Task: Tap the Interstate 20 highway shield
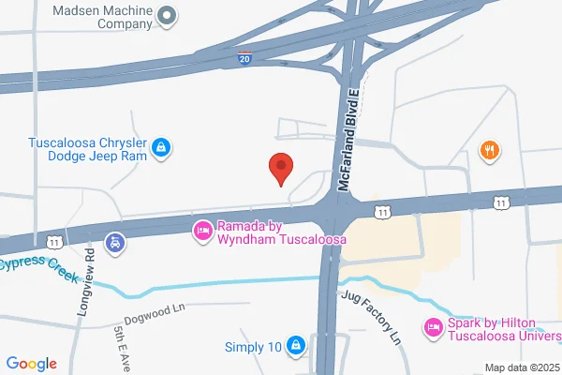[x=244, y=58]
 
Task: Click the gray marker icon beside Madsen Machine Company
[x=168, y=14]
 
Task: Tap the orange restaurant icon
[x=489, y=150]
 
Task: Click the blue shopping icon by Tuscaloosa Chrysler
[x=162, y=147]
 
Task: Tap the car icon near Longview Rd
[x=114, y=242]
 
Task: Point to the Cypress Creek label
[x=36, y=263]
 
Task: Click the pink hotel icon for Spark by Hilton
[x=433, y=327]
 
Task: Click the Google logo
[x=31, y=364]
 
